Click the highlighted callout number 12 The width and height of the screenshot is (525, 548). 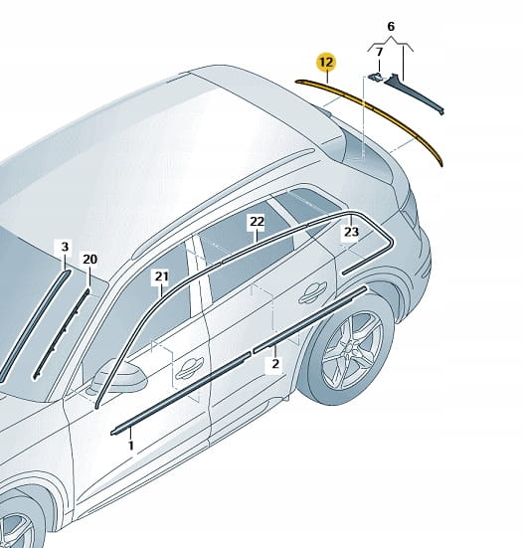pos(326,63)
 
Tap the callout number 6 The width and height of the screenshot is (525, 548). pos(391,26)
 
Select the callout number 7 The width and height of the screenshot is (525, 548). pos(379,52)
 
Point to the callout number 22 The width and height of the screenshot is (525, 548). pos(258,221)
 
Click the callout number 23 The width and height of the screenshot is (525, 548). pos(351,232)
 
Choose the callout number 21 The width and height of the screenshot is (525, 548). pos(162,276)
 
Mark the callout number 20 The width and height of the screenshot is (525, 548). pos(89,260)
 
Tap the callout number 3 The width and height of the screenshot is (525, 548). pos(65,247)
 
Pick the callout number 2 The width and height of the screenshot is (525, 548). pos(275,364)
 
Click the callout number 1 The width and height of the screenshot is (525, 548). pos(131,446)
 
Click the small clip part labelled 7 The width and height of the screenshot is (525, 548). pos(375,77)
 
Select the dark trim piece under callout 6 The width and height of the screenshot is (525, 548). pos(414,93)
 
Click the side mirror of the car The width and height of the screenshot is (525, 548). pos(120,376)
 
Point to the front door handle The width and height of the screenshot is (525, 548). pos(190,369)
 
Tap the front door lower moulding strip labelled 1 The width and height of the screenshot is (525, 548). pos(181,393)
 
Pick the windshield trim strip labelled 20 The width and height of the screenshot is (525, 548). pos(63,332)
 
